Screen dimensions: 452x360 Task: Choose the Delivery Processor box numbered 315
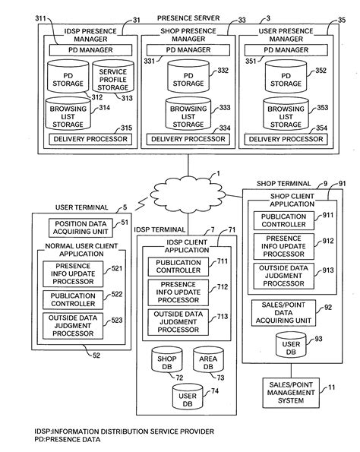tap(90, 139)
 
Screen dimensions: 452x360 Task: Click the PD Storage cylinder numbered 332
tap(188, 78)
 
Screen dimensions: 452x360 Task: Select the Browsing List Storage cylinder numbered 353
tap(285, 115)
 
